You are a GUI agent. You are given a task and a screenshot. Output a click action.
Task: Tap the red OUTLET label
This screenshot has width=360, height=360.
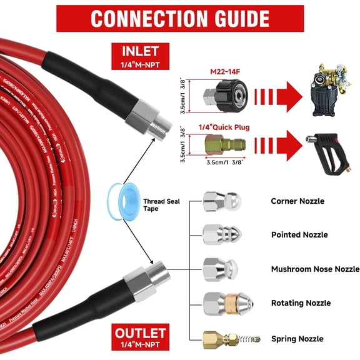[x=139, y=334]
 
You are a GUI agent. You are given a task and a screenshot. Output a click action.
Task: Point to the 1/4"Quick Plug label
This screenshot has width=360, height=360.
[x=224, y=127]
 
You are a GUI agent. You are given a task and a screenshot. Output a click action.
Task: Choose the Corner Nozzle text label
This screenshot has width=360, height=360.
[x=297, y=201]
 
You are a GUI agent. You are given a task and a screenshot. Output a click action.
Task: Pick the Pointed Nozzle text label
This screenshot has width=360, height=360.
[x=299, y=235]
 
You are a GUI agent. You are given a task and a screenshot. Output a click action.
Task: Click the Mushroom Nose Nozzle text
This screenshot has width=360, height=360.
[x=315, y=269]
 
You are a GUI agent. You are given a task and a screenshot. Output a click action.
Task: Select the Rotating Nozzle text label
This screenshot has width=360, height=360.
[x=301, y=303]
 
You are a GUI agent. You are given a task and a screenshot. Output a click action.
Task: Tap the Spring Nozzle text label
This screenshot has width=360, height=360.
[x=297, y=339]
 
